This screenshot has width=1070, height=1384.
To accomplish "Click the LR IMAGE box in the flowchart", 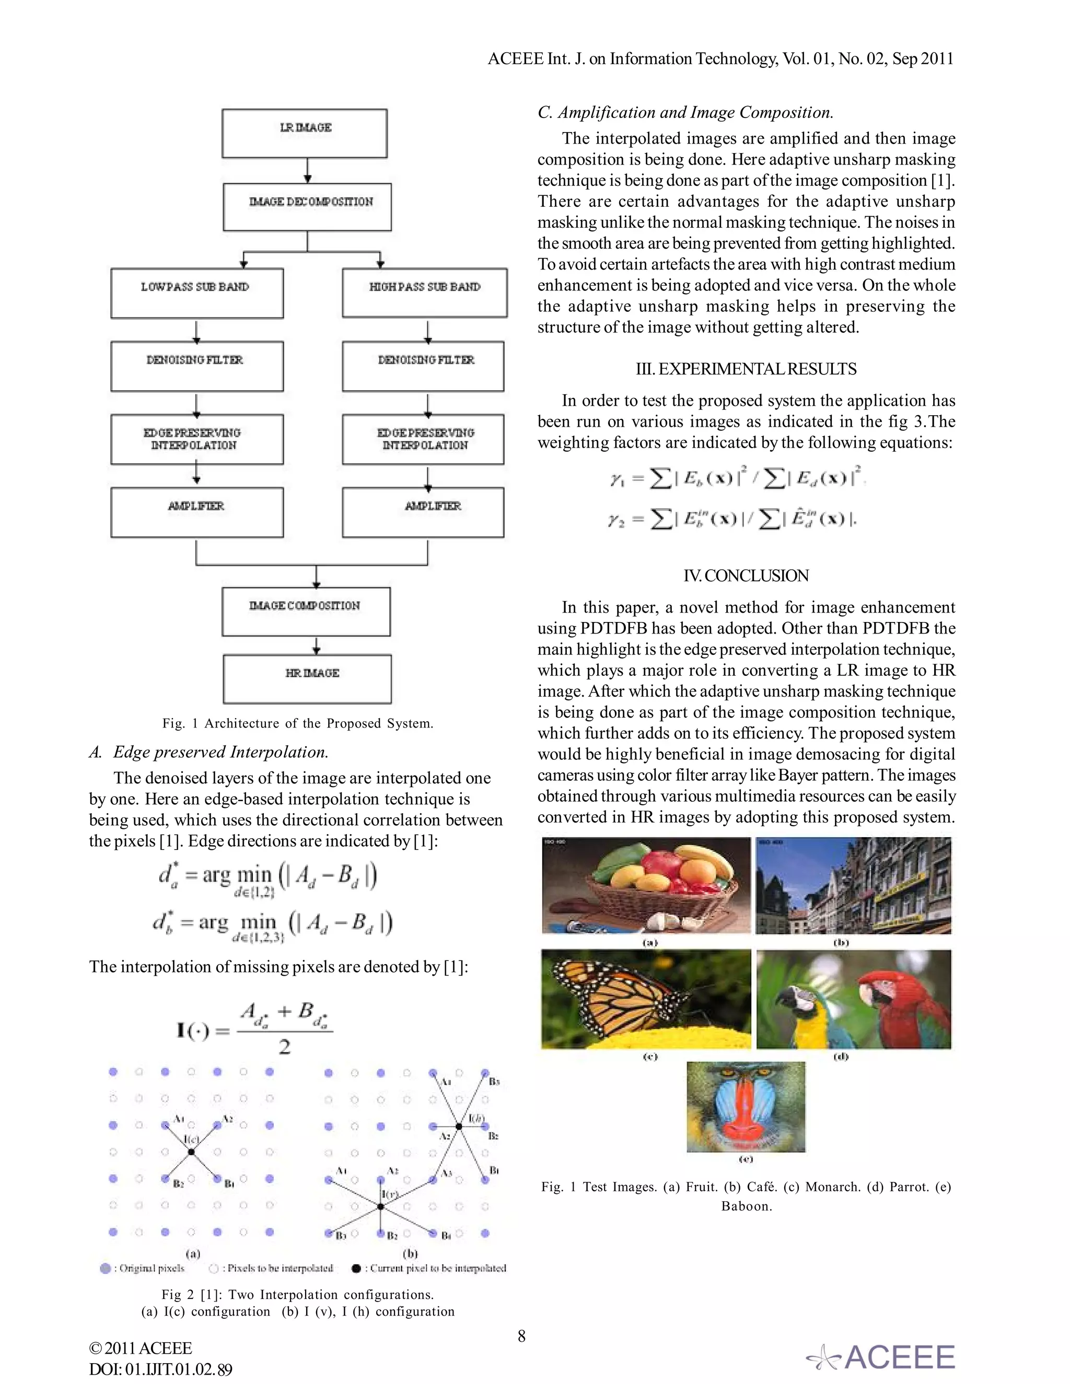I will pyautogui.click(x=304, y=133).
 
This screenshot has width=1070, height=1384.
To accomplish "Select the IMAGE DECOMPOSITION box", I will pyautogui.click(x=307, y=207).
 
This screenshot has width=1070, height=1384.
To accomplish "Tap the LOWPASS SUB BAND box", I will pyautogui.click(x=196, y=293).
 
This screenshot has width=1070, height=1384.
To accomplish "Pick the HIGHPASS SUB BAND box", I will pyautogui.click(x=424, y=293).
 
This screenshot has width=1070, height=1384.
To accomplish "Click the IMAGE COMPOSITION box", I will pyautogui.click(x=306, y=611).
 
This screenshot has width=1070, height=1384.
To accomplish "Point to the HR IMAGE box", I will pyautogui.click(x=307, y=679).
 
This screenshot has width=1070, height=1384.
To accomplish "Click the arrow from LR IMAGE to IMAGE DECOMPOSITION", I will pyautogui.click(x=307, y=170).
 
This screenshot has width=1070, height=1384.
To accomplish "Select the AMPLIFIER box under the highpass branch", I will pyautogui.click(x=423, y=512).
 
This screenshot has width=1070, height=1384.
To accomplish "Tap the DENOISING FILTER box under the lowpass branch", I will pyautogui.click(x=196, y=366).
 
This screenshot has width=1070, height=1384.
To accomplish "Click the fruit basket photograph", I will pyautogui.click(x=646, y=885).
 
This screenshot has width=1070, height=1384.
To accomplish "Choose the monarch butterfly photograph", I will pyautogui.click(x=646, y=999).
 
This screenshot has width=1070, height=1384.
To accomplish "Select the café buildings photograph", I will pyautogui.click(x=853, y=885).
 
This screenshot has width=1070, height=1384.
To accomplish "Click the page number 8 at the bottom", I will pyautogui.click(x=522, y=1336).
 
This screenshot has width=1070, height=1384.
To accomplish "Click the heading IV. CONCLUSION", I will pyautogui.click(x=746, y=576).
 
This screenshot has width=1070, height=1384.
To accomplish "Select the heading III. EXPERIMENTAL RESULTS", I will pyautogui.click(x=746, y=369).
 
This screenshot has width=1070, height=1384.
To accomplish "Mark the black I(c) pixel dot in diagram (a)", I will pyautogui.click(x=191, y=1152).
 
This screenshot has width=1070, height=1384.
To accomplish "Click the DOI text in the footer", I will pyautogui.click(x=160, y=1369).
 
